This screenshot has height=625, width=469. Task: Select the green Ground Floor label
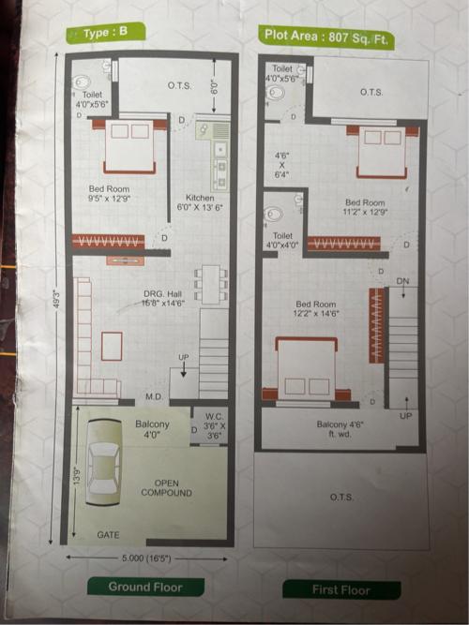[x=145, y=588]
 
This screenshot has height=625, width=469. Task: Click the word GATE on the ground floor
[x=109, y=534]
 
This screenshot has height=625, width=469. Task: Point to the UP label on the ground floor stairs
[x=184, y=357]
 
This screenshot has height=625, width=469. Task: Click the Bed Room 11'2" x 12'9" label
[x=365, y=208]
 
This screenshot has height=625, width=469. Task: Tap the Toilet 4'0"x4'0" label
[x=282, y=241]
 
